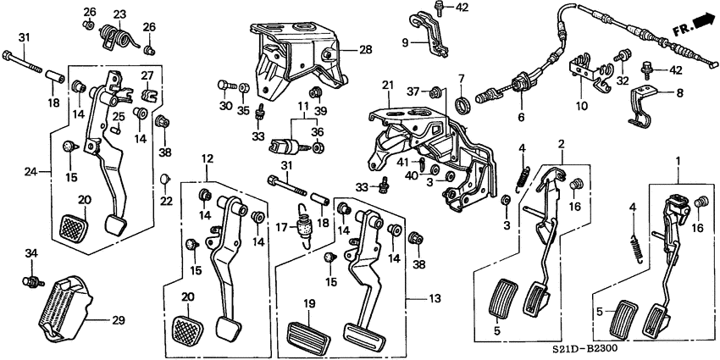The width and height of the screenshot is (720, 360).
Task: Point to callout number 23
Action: [119, 14]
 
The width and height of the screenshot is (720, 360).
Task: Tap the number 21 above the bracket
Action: [387, 85]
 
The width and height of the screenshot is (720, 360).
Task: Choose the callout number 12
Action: [207, 158]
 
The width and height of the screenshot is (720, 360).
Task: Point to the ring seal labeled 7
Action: [462, 104]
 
